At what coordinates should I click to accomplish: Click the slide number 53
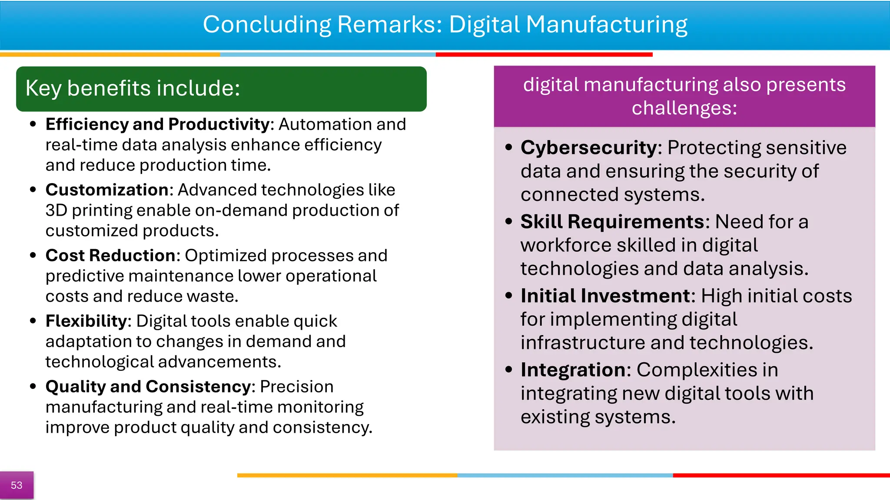[x=17, y=485]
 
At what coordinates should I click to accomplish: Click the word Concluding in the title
[x=267, y=24]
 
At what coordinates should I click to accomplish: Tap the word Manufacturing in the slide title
[x=607, y=24]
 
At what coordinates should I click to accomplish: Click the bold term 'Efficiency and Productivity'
[x=158, y=125]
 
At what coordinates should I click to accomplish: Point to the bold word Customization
[x=107, y=190]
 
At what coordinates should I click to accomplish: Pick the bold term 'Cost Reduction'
[x=110, y=256]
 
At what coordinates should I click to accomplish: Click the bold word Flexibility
[x=86, y=321]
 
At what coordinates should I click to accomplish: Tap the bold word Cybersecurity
[x=589, y=148]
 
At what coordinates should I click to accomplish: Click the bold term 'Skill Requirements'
[x=612, y=222]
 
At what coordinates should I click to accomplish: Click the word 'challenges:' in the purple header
[x=684, y=108]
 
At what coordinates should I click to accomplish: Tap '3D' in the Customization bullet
[x=56, y=211]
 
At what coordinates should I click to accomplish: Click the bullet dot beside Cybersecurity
[x=509, y=148]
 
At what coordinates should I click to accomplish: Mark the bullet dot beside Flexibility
[x=33, y=321]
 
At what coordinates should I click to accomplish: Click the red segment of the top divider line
[x=544, y=55]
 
